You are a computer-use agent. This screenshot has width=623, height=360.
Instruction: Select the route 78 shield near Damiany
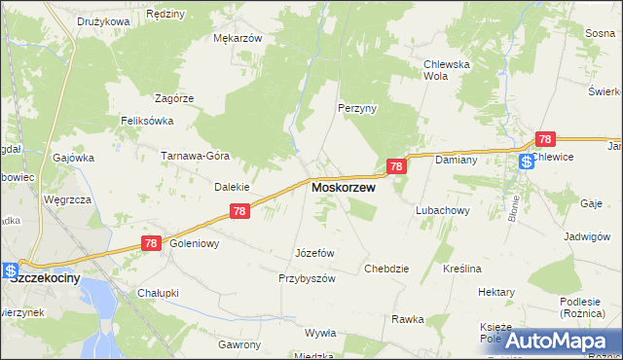point(395,167)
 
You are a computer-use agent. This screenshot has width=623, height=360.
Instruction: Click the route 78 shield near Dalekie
point(240,211)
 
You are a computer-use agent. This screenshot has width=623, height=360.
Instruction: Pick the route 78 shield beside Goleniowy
point(150,244)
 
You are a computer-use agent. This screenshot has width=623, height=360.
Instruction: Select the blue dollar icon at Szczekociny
point(10,270)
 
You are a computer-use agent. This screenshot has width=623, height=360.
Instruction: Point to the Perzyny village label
point(356,109)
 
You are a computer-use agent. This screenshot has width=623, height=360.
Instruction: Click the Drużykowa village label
point(104,20)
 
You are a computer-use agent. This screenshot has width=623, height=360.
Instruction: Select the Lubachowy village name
point(443,209)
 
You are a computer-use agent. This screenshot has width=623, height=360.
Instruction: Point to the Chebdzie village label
point(385,268)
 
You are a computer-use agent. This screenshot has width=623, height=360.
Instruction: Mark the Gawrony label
point(239,344)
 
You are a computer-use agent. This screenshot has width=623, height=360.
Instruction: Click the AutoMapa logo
point(559,341)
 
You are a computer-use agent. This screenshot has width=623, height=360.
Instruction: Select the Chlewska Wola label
point(447,70)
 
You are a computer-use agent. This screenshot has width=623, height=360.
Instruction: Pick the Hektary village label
point(496,292)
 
